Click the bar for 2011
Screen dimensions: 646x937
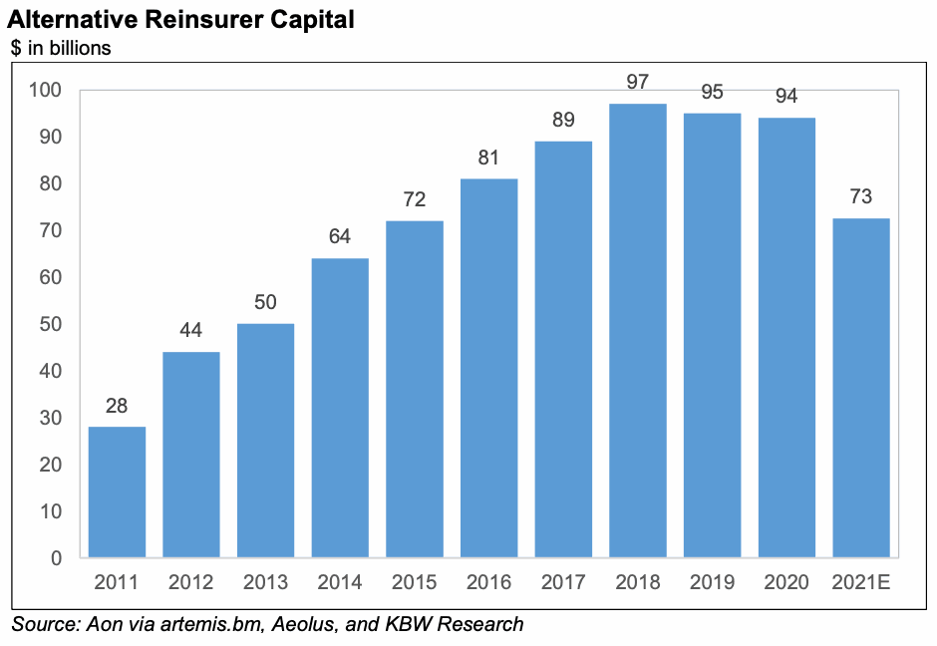click(x=117, y=491)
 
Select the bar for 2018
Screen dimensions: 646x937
click(x=638, y=330)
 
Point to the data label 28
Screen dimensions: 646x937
click(x=117, y=406)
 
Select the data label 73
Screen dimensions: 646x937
click(x=861, y=196)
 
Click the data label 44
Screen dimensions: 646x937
click(x=191, y=330)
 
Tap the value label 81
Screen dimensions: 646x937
click(x=488, y=158)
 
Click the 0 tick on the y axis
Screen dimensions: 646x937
click(x=56, y=558)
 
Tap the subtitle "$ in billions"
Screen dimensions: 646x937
click(x=61, y=47)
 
